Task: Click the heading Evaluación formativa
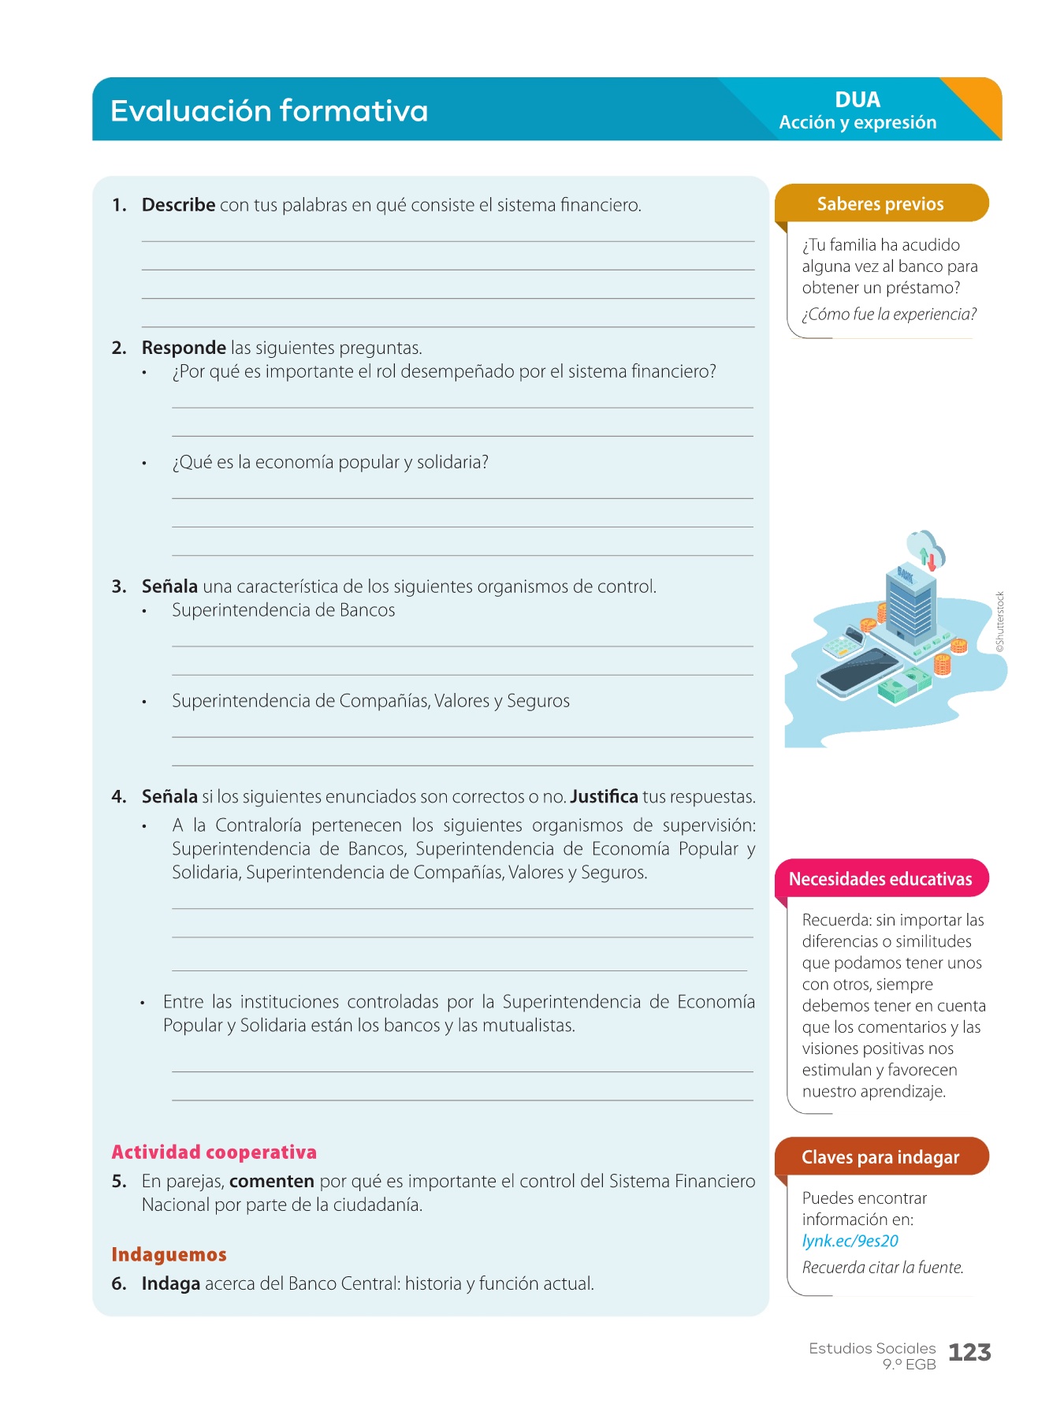tap(269, 111)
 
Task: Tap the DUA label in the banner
tap(858, 100)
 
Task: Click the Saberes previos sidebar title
tap(880, 204)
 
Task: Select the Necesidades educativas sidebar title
tap(880, 879)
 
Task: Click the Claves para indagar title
tap(880, 1157)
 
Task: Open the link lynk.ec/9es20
tap(850, 1241)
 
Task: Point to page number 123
tap(969, 1353)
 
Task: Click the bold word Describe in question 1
tap(178, 205)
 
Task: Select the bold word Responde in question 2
tap(184, 348)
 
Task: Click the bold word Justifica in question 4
tap(604, 796)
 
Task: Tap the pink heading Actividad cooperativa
tap(214, 1153)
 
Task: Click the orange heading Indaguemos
tap(169, 1254)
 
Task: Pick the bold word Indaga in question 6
tap(170, 1283)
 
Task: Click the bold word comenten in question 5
tap(271, 1181)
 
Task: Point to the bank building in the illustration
tap(910, 603)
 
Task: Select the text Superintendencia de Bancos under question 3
tap(284, 610)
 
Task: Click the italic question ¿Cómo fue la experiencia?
tap(889, 315)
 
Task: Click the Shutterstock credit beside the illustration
tap(1000, 621)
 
